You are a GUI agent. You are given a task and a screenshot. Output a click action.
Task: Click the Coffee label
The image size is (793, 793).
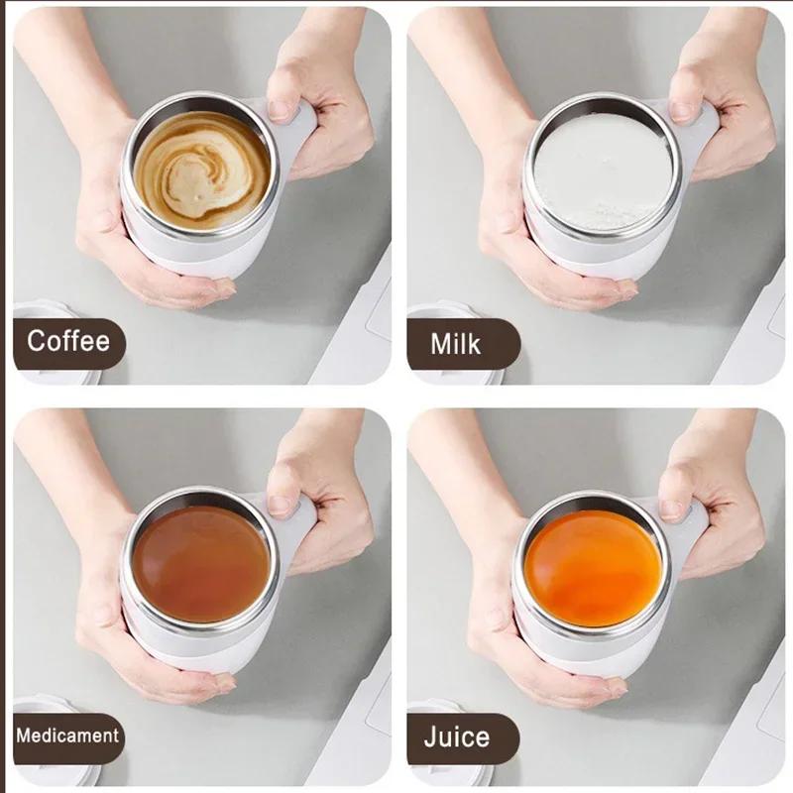(x=67, y=343)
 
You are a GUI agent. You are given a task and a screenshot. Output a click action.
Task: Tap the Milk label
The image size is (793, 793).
(x=456, y=344)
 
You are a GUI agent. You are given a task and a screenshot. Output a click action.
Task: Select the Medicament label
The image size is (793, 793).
(x=67, y=736)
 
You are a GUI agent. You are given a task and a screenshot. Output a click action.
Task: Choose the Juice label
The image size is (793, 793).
(x=456, y=737)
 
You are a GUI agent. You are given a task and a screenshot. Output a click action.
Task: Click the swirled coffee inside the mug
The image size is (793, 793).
(x=201, y=170)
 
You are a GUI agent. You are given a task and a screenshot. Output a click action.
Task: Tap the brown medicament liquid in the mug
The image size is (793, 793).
(x=201, y=565)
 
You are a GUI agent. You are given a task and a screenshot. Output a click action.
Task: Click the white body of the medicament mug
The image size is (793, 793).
(x=198, y=649)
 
